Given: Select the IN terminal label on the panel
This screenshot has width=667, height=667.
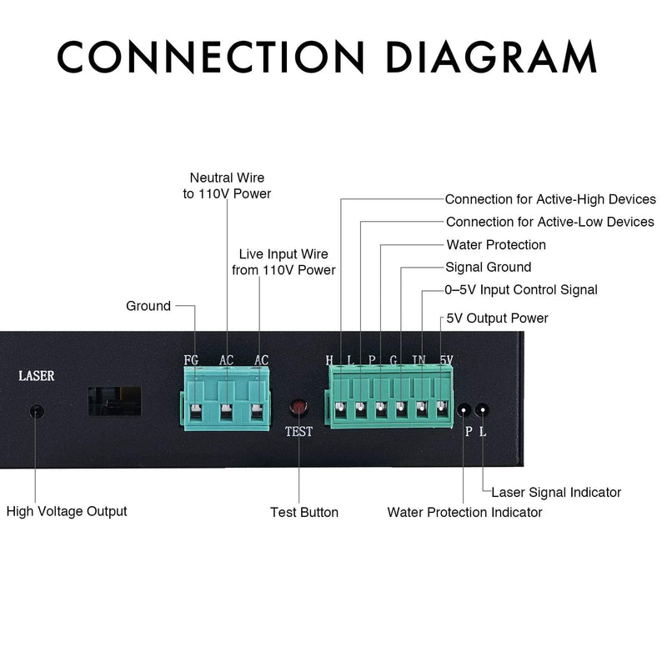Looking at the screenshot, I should [419, 360].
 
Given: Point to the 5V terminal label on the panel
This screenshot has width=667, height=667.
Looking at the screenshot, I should [446, 360].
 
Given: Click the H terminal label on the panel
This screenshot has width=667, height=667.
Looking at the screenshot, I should [329, 360].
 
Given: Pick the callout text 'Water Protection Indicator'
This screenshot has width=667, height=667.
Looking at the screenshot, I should [464, 512].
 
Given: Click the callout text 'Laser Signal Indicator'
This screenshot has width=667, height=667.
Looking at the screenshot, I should [556, 493].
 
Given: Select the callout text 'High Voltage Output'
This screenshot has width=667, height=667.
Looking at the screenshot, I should [67, 510].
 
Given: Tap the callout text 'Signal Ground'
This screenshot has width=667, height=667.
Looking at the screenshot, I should [488, 268].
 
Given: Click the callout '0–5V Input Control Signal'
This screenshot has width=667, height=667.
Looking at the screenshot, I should [520, 290].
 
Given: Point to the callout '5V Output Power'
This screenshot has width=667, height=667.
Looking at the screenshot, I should [497, 318].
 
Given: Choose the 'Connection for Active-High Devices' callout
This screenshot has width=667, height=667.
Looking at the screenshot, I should [550, 200].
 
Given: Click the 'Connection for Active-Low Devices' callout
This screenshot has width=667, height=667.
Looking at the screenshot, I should [550, 223].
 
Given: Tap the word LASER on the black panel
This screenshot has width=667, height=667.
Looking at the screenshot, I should [37, 376].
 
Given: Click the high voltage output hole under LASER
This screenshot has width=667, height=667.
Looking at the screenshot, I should [36, 411].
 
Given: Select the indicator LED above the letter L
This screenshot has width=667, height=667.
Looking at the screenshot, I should [481, 409].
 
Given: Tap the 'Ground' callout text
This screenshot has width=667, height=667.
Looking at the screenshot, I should [148, 306].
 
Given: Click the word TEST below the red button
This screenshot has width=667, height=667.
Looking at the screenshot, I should [299, 432].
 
